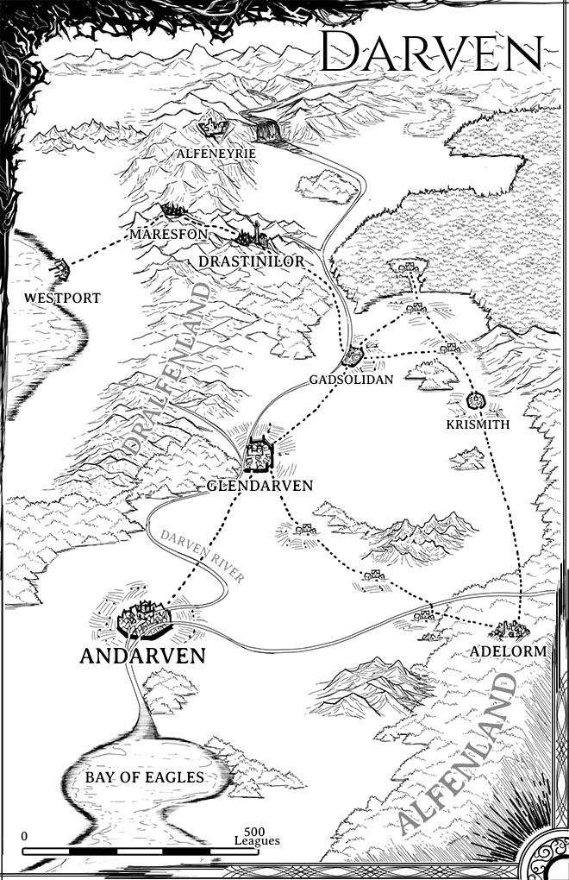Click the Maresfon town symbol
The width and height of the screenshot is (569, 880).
(174, 210)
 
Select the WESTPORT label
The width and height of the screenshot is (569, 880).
(62, 299)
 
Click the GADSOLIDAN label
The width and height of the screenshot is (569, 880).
(350, 380)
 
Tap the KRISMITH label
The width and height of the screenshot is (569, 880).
(478, 424)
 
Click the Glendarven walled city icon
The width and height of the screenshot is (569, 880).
(259, 455)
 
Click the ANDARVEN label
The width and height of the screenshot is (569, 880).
(142, 656)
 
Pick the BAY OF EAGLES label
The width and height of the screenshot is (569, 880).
(144, 777)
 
